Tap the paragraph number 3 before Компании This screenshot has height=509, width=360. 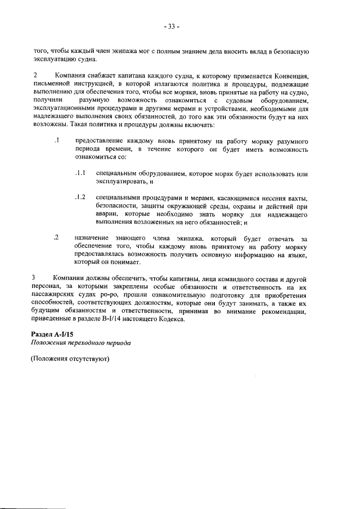click(35, 278)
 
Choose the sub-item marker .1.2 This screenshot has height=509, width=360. click(80, 197)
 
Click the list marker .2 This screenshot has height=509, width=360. click(57, 238)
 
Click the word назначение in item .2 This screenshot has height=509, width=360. click(92, 238)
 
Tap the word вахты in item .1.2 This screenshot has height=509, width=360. click(297, 198)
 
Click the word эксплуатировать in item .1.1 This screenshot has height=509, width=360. click(120, 182)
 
